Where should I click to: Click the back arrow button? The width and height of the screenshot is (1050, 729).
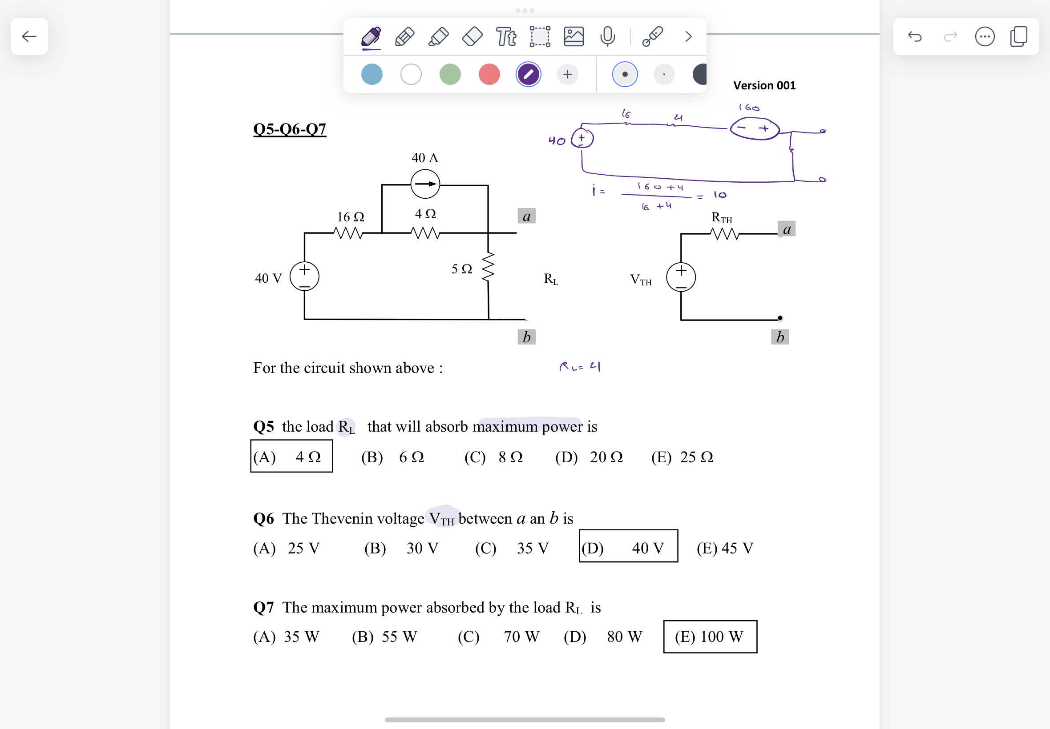(x=29, y=36)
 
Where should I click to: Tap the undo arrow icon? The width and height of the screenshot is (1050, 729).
(x=915, y=36)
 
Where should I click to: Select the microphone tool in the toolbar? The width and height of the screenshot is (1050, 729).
(x=607, y=36)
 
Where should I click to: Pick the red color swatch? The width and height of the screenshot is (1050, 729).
(x=489, y=74)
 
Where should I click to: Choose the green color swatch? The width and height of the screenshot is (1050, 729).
(x=450, y=74)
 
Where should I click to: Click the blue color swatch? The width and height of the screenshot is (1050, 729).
(x=372, y=74)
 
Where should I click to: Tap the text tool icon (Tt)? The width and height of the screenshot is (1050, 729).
(x=506, y=36)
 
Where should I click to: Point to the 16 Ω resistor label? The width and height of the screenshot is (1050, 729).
(x=351, y=217)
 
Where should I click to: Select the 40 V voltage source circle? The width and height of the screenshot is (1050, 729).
(x=304, y=276)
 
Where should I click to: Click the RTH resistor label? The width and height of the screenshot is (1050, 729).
(x=721, y=218)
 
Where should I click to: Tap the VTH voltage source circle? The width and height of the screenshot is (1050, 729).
(x=681, y=277)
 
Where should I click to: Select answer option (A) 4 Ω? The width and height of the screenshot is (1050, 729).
(x=291, y=457)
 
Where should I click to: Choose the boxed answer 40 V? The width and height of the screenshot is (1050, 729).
(x=628, y=547)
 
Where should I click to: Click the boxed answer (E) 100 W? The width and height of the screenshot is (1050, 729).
(x=710, y=637)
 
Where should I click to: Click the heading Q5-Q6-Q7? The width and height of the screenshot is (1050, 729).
(x=289, y=129)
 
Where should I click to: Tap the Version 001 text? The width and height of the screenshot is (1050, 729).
(x=764, y=85)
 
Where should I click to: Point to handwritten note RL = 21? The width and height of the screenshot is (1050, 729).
(x=580, y=366)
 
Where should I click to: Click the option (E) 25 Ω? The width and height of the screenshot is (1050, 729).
(x=682, y=457)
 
